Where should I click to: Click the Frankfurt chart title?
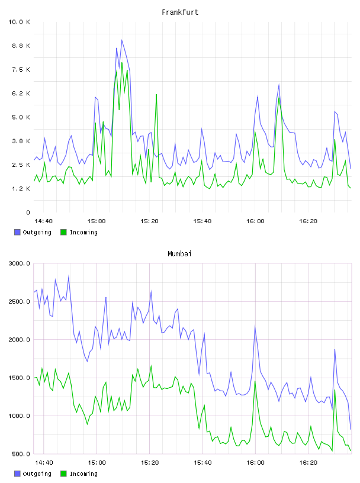[x=180, y=12]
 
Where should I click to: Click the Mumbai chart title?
[x=179, y=254]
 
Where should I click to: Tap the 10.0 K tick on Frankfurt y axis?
[x=19, y=22]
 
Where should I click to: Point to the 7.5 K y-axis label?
[x=21, y=70]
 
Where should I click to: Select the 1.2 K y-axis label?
[x=21, y=188]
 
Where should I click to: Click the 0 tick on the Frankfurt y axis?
[x=28, y=212]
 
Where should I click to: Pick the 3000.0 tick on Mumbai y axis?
[x=19, y=263]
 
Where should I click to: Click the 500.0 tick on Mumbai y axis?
[x=21, y=454]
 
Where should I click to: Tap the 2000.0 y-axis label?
[x=19, y=339]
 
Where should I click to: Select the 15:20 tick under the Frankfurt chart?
[x=149, y=221]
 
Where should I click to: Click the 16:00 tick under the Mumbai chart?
[x=255, y=463]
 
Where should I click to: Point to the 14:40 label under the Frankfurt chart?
[x=43, y=221]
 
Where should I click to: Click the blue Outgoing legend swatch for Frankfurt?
[x=17, y=232]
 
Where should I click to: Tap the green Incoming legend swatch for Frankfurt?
[x=63, y=232]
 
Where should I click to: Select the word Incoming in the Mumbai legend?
[x=83, y=474]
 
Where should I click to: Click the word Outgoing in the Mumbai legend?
[x=37, y=474]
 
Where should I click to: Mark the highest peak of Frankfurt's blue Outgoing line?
[x=122, y=40]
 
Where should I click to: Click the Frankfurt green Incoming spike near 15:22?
[x=156, y=94]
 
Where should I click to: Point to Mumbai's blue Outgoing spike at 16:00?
[x=255, y=326]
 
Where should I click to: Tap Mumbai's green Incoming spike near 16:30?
[x=335, y=389]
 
